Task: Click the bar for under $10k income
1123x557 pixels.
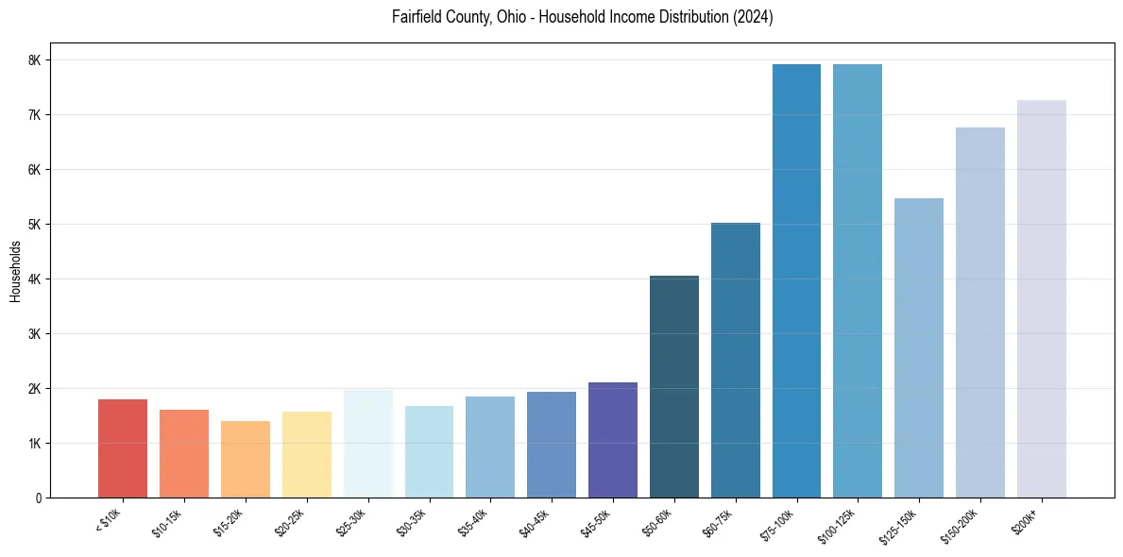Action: [x=123, y=448]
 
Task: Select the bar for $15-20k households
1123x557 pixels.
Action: [x=246, y=460]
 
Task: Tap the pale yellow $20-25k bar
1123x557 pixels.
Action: [x=307, y=455]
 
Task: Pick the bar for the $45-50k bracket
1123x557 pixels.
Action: [x=613, y=440]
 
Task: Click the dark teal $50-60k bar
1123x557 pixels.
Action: [x=674, y=387]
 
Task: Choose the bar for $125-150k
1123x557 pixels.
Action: [x=919, y=348]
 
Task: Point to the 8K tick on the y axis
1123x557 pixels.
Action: [x=35, y=60]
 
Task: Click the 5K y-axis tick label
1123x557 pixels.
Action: [x=35, y=225]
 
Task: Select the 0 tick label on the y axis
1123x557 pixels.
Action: [x=38, y=498]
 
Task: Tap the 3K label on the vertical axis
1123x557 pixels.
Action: [x=35, y=334]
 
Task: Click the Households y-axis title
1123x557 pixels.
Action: [x=15, y=271]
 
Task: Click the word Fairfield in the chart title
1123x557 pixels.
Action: [x=417, y=17]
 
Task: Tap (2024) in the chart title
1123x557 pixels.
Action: [x=754, y=17]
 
